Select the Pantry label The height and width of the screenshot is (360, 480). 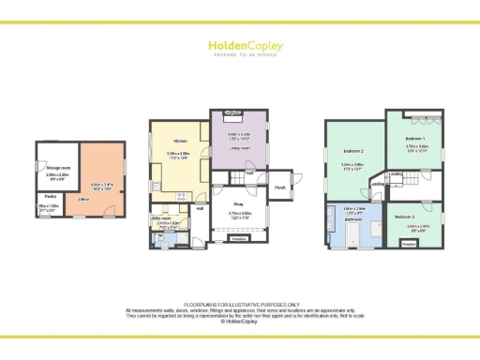click(x=50, y=196)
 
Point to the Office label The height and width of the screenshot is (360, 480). click(x=82, y=199)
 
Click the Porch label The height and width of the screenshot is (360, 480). click(x=279, y=187)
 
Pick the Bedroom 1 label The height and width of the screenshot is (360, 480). click(x=416, y=138)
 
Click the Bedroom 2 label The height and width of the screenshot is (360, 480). click(x=352, y=152)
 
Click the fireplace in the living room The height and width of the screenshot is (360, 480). click(x=231, y=112)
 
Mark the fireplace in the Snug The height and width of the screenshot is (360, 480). click(x=239, y=239)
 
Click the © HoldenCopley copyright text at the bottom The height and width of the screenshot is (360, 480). click(x=239, y=321)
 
